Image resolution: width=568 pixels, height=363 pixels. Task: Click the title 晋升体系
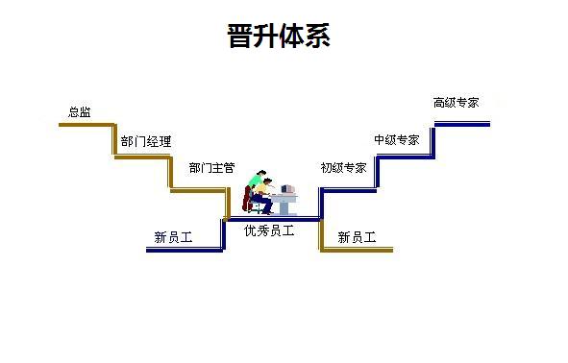280,37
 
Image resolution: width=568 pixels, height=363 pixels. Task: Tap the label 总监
80,112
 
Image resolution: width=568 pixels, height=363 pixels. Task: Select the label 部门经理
146,142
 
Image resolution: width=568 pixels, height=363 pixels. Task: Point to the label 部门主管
211,168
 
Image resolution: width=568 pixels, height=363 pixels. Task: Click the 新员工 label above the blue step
173,237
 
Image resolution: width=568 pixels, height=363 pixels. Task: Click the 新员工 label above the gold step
357,237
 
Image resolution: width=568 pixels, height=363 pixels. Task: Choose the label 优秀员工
269,230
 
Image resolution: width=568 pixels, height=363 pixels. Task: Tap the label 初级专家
343,168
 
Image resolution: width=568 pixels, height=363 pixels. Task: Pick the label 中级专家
397,140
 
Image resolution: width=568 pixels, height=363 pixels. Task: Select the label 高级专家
456,103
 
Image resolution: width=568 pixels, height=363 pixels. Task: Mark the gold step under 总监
86,125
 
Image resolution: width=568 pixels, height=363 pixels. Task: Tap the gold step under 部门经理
142,157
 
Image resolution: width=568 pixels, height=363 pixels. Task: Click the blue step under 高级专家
461,124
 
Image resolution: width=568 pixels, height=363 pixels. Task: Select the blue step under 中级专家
404,157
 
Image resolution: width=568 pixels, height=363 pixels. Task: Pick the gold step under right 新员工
357,250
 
